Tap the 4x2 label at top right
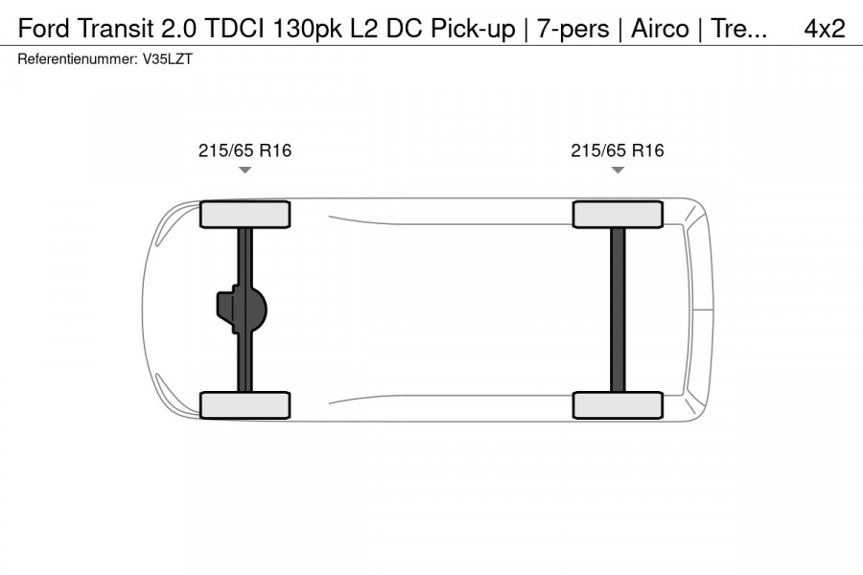824,29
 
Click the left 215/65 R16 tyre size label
245,150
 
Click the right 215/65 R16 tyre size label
618,150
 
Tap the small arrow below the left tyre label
245,171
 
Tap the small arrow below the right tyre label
618,171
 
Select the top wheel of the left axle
245,214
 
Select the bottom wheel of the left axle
245,404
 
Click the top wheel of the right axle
618,214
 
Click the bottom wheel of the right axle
618,404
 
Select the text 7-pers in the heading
572,29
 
